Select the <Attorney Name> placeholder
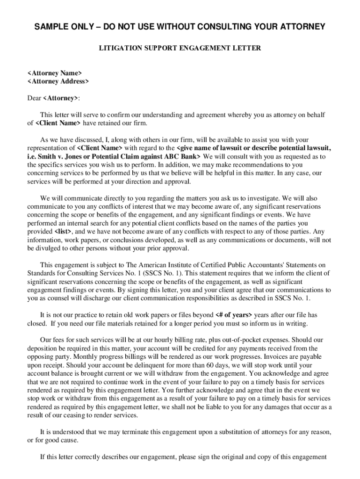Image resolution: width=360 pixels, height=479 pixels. (x=54, y=73)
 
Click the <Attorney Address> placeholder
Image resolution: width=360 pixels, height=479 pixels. (x=58, y=81)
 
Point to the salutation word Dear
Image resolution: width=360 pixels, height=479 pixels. (x=34, y=98)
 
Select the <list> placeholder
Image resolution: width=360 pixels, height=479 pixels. (x=64, y=232)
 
